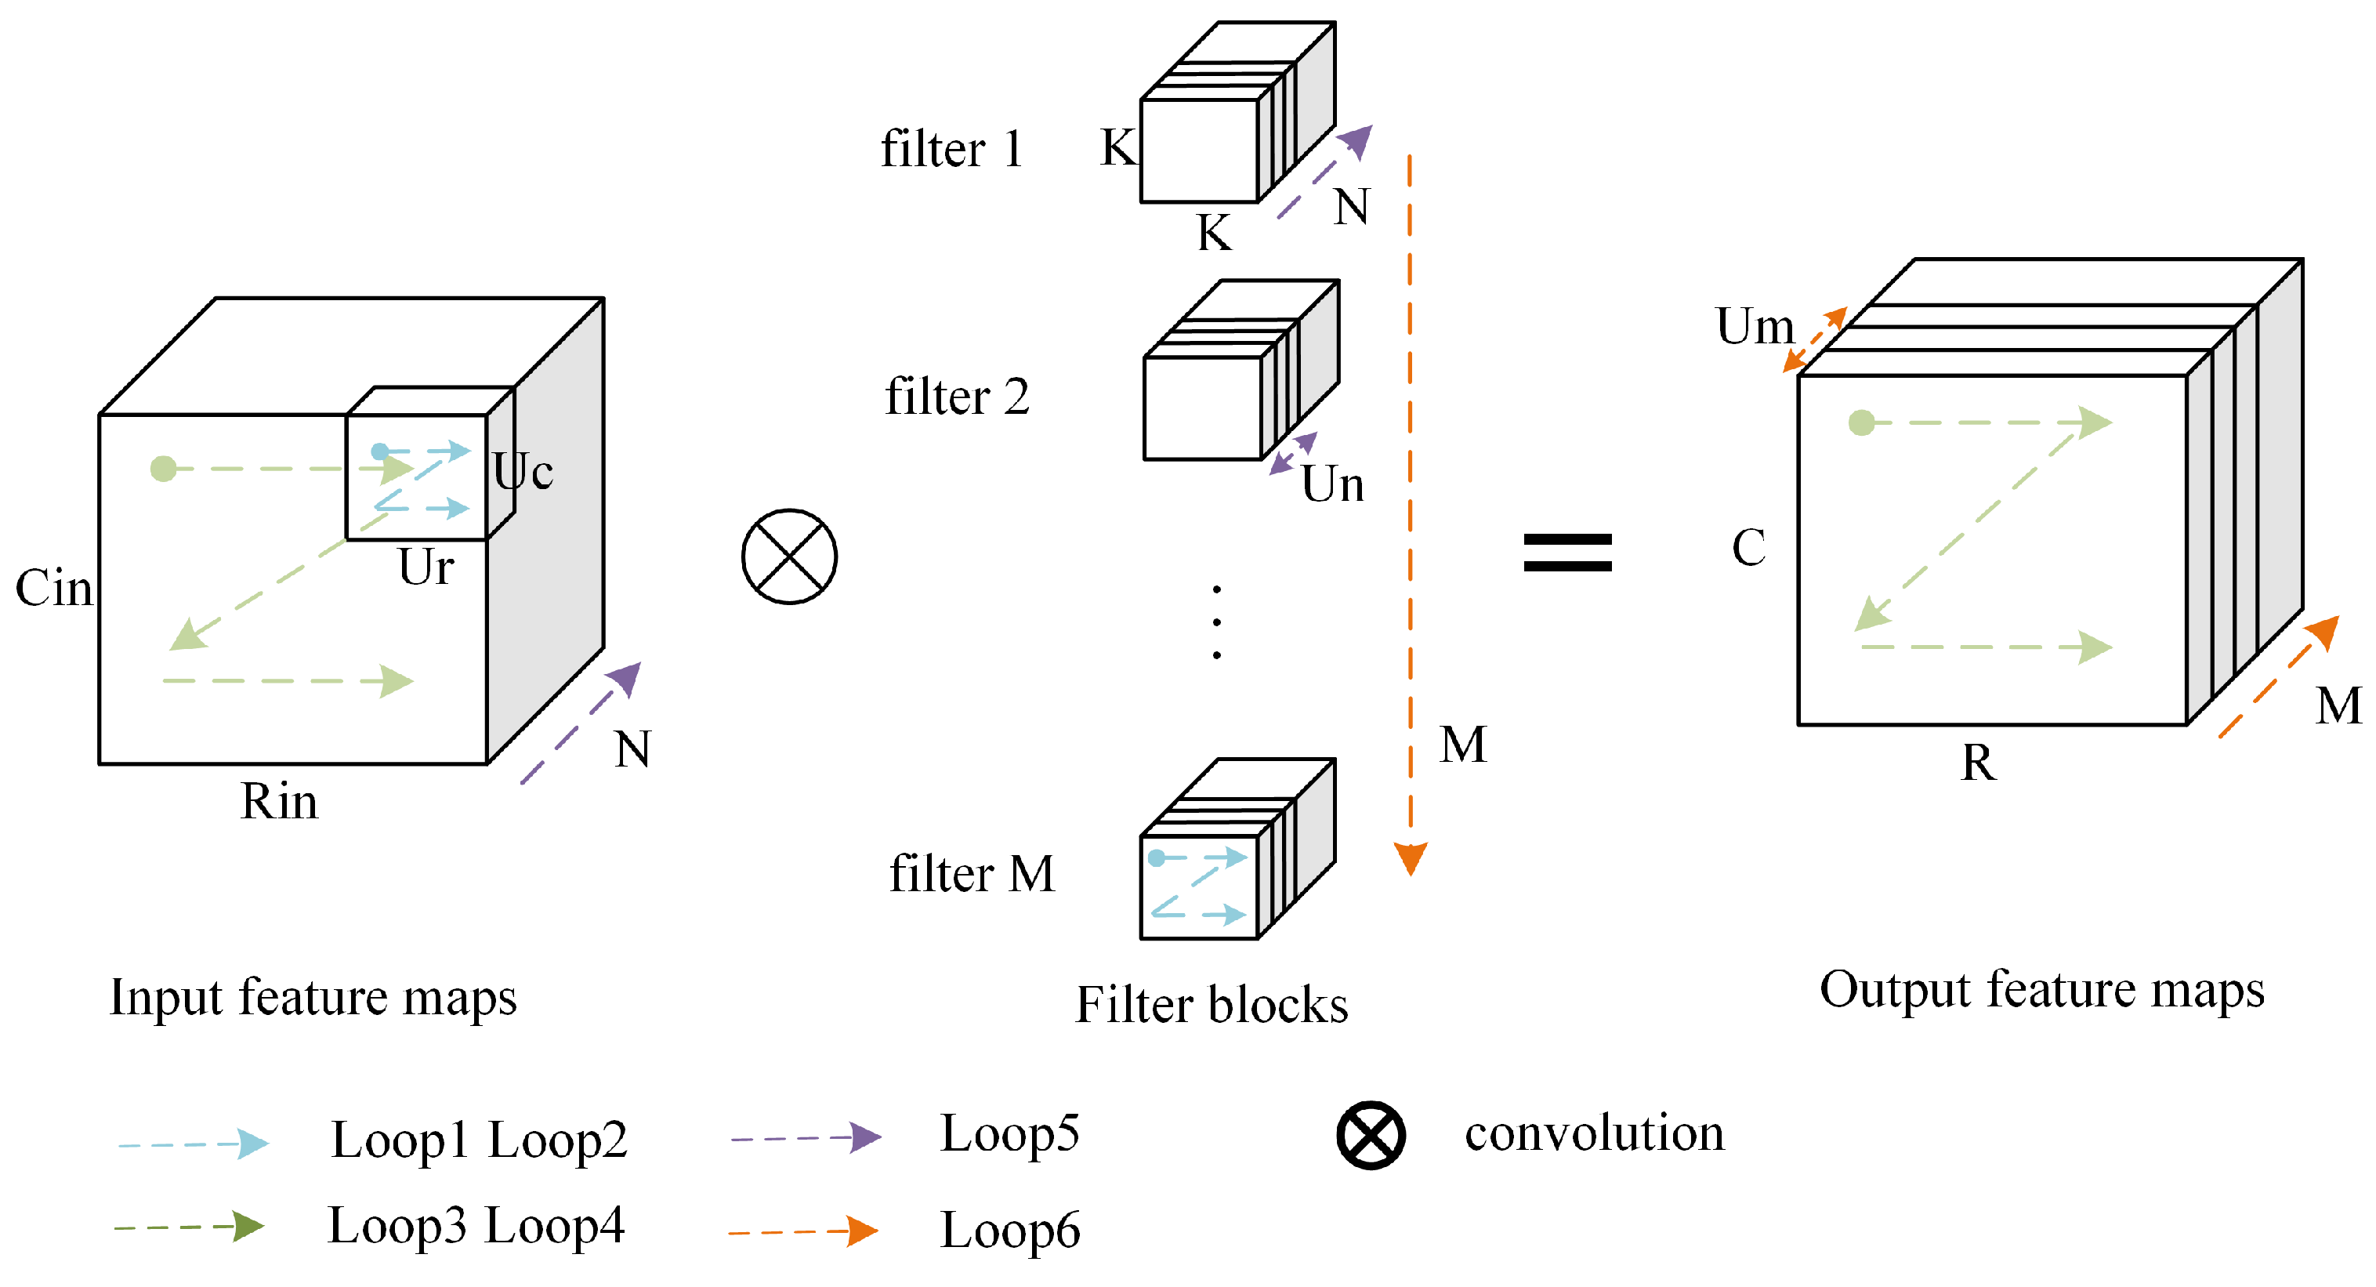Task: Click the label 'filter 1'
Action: [x=952, y=150]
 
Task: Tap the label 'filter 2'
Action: [x=957, y=397]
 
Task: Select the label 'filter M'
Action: [x=971, y=874]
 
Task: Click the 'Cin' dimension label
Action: [x=53, y=588]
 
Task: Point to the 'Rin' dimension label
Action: [x=278, y=801]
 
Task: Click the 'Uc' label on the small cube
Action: [x=523, y=471]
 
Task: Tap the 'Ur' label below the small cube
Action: [x=426, y=567]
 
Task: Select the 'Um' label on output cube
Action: [x=1755, y=327]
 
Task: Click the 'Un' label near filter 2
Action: [x=1332, y=484]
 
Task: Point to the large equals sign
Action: [x=1567, y=553]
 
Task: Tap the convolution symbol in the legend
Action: [x=1371, y=1135]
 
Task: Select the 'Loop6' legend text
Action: [x=1009, y=1230]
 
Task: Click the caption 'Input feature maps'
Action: [x=313, y=997]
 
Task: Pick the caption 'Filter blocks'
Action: [x=1211, y=1005]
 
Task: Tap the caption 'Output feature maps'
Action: [x=2041, y=990]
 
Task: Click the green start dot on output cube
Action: [x=1861, y=422]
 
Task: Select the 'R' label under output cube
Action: [x=1978, y=763]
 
